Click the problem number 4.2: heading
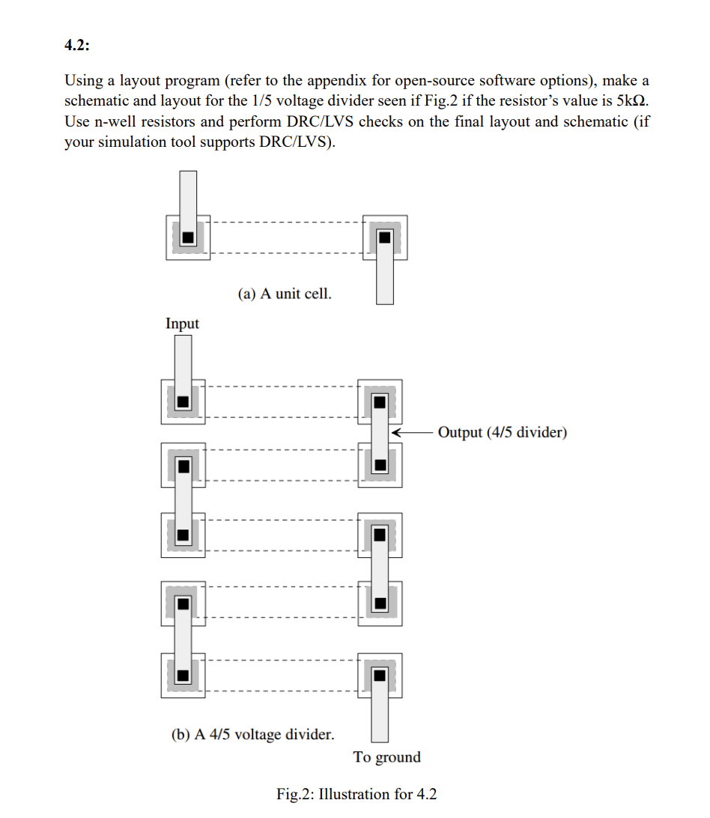click(76, 46)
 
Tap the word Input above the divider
click(182, 324)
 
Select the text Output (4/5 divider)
click(502, 432)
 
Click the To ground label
click(386, 757)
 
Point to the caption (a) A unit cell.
click(285, 294)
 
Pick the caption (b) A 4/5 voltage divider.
click(253, 734)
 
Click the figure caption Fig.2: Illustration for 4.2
click(356, 794)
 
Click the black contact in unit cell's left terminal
click(188, 237)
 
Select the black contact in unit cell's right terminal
click(385, 237)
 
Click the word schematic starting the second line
click(96, 101)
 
